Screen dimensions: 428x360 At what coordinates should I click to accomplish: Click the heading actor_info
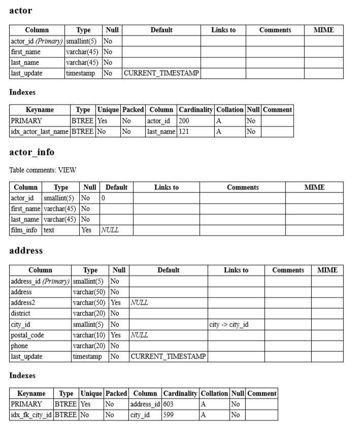[x=31, y=152]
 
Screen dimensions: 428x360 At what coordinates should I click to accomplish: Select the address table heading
[x=26, y=251]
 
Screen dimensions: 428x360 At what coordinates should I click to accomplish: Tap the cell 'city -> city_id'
[x=228, y=324]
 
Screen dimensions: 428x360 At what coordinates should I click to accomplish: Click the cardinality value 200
[x=184, y=121]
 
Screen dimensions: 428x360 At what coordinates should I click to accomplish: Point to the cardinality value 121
[x=184, y=131]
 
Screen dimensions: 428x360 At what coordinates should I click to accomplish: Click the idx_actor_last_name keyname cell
[x=40, y=131]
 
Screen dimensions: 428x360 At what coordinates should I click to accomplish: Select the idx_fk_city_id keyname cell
[x=31, y=415]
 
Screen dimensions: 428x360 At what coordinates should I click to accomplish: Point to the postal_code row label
[x=27, y=335]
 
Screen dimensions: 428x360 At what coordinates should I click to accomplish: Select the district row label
[x=21, y=313]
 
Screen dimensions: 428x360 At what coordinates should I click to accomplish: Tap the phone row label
[x=19, y=346]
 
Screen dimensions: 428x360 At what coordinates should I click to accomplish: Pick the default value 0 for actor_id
[x=103, y=198]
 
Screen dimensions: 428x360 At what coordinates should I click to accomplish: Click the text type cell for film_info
[x=49, y=230]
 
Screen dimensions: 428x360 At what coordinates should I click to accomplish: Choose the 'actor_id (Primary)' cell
[x=37, y=41]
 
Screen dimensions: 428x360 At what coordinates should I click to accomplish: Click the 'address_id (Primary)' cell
[x=40, y=281]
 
